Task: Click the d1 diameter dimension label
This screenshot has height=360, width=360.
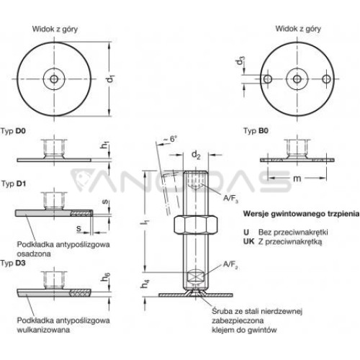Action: coord(111,78)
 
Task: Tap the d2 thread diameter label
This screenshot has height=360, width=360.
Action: coord(196,155)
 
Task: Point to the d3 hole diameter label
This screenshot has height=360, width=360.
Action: coord(240,60)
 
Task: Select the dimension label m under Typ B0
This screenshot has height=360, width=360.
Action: coord(297,178)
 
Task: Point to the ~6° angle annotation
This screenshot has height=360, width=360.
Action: coord(170,139)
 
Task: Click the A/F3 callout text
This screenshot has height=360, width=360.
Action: coord(230,199)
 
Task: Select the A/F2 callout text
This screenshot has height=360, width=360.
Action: coord(230,265)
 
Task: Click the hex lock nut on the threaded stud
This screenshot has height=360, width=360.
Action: coord(196,225)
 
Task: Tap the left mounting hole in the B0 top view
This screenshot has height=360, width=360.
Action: coord(267,78)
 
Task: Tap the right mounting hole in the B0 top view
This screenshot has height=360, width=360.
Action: coord(326,78)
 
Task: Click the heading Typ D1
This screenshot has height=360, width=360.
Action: coord(14,184)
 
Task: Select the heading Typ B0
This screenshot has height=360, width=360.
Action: coord(256,131)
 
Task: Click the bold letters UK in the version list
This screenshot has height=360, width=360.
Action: coord(248,241)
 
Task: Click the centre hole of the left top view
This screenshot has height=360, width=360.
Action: coord(54,78)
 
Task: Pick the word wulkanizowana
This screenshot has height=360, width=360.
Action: coord(43,330)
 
